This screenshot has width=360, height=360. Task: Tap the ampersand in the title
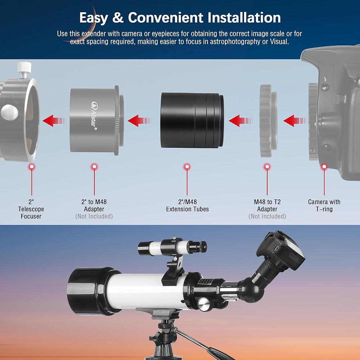[x=118, y=18]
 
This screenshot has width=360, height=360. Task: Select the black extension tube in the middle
[x=192, y=120]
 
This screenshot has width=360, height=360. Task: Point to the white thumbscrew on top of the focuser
[x=24, y=69]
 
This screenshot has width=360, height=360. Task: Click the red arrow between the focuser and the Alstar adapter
[x=54, y=121]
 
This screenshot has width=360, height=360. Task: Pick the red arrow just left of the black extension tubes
[x=140, y=121]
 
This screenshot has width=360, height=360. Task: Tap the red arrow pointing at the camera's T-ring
[x=296, y=121]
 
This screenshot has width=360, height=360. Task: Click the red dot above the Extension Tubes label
[x=187, y=167]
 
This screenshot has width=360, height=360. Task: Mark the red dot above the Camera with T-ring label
[x=324, y=167]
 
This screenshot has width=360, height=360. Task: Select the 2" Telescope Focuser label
[x=31, y=209]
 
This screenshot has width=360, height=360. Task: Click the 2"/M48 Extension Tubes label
[x=187, y=206]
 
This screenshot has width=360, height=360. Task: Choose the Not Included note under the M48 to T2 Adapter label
[x=267, y=216]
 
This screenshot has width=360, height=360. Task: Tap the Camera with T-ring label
[x=324, y=206]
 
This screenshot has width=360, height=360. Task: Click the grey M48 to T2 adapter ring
[x=268, y=121]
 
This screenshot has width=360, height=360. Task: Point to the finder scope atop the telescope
[x=172, y=248]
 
